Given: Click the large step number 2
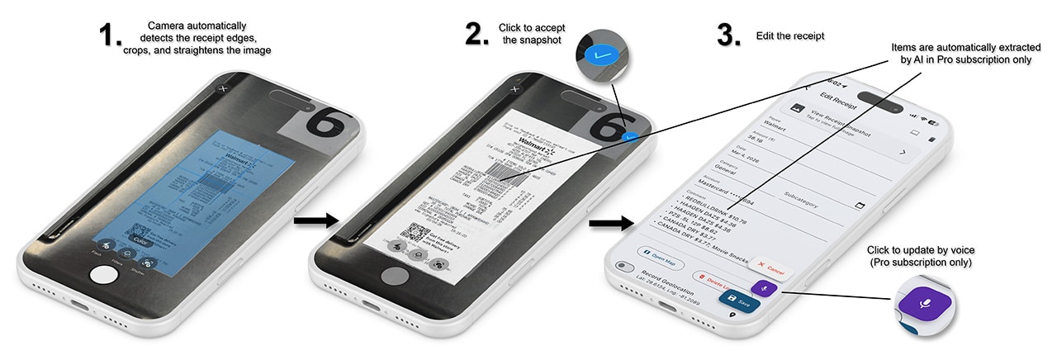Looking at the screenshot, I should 477,35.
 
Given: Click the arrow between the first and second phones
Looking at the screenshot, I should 315,220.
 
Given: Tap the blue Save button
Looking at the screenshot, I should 740,303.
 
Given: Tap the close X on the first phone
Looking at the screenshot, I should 222,88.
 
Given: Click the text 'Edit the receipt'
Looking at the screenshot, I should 790,36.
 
